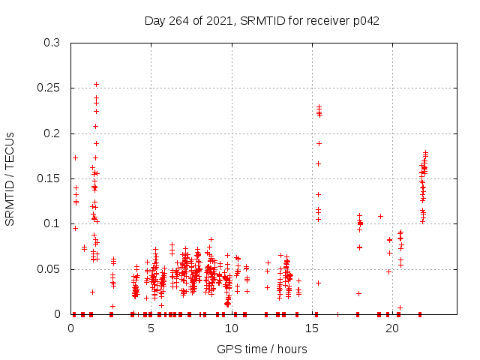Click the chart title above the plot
tap(262, 20)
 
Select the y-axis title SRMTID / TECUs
tap(10, 178)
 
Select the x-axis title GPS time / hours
tap(262, 349)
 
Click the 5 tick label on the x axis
tap(151, 328)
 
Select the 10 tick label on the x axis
tap(232, 328)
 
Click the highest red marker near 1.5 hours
tap(96, 84)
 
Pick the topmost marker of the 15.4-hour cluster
tap(319, 106)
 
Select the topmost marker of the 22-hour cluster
tap(425, 153)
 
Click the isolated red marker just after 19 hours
tap(380, 216)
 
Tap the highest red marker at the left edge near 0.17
tap(75, 157)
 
